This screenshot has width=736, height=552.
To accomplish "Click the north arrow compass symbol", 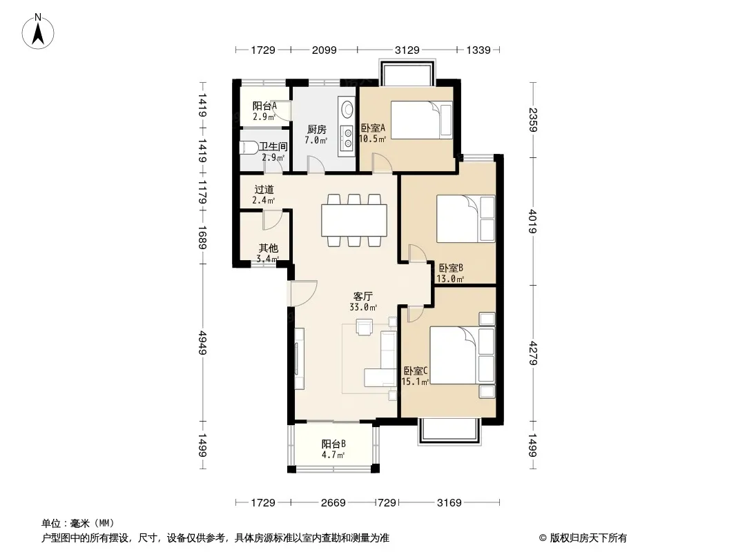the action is (x=38, y=32).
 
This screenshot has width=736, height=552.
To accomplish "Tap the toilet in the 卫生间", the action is (x=249, y=148).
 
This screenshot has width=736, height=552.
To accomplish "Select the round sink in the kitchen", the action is (x=347, y=109).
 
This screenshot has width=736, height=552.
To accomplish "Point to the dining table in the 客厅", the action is (x=354, y=220).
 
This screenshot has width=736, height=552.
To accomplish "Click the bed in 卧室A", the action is (x=422, y=120).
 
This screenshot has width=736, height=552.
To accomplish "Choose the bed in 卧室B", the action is (x=465, y=219).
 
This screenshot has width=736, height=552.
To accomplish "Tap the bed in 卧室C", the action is (x=463, y=355).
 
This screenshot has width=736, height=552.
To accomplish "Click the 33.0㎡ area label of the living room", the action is (x=363, y=308).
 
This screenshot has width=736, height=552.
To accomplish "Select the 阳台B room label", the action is (x=333, y=444).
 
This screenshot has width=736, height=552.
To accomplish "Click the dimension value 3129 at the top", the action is (x=407, y=50).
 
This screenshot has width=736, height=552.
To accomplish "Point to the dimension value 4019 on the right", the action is (x=533, y=221).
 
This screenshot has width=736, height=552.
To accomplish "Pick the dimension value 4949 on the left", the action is (x=203, y=343).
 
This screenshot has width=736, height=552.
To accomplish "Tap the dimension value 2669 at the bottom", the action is (x=333, y=503).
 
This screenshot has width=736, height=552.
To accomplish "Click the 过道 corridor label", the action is (x=264, y=190).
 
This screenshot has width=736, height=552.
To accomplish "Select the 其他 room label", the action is (x=269, y=248).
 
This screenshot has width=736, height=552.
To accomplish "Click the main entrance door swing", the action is (x=303, y=293).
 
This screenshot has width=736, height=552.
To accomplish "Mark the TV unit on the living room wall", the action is (x=299, y=359).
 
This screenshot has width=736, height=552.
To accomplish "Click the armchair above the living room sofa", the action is (x=364, y=327).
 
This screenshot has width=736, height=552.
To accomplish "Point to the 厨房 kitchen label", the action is (x=317, y=130).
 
